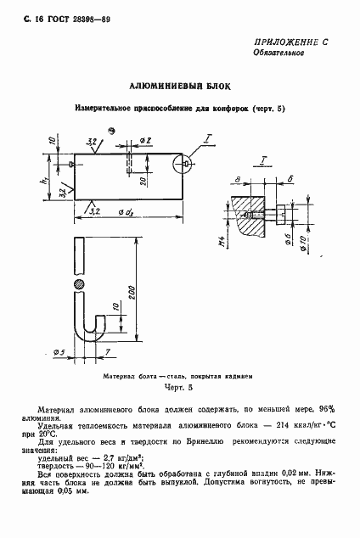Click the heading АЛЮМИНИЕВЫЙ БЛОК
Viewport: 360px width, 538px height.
(180, 87)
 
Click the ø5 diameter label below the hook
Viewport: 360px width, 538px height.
(60, 350)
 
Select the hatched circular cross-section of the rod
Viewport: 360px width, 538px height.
(79, 283)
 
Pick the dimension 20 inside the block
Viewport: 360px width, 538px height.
(145, 180)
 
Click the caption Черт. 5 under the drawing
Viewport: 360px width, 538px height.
(178, 386)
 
